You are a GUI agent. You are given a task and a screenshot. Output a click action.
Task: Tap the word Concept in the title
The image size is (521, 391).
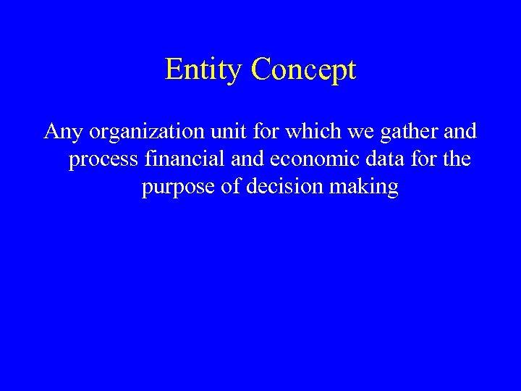coord(304,70)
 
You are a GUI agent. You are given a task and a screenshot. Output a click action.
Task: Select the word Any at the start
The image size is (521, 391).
coord(62,132)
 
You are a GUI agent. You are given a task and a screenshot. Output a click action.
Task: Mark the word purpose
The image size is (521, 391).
coord(175,187)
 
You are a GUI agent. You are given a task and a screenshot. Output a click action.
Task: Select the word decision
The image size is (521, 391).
coord(285,187)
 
